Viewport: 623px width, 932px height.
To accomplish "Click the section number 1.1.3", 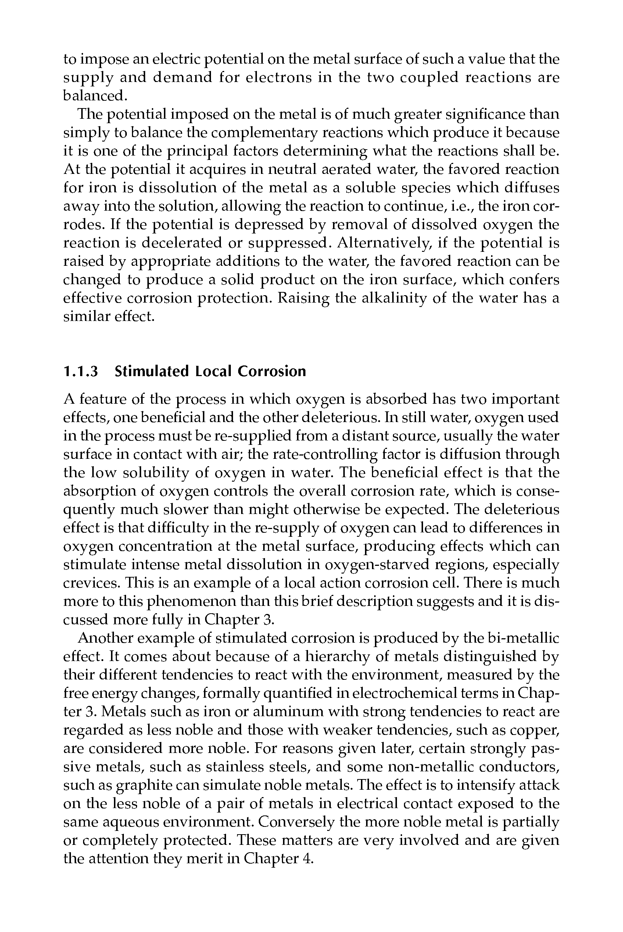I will (80, 371).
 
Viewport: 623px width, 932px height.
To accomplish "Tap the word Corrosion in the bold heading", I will (272, 371).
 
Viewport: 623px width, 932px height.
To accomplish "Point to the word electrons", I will (278, 78).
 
